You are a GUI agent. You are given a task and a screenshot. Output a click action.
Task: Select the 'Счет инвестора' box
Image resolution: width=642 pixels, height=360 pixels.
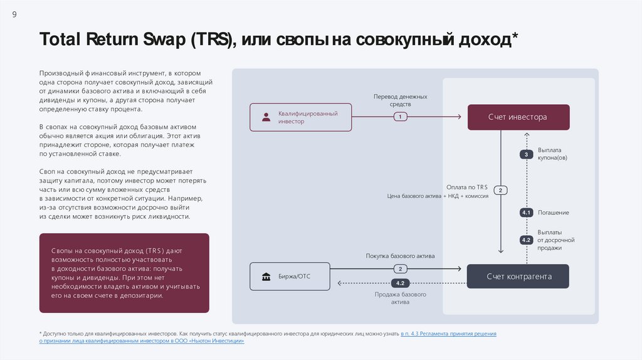(518, 117)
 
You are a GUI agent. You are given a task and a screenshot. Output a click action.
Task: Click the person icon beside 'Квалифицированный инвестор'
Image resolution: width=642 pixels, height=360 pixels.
(266, 117)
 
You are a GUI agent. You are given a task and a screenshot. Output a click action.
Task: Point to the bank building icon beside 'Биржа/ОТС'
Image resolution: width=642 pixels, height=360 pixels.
(266, 277)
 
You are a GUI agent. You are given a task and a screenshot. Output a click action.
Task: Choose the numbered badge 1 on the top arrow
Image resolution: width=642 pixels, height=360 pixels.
(400, 117)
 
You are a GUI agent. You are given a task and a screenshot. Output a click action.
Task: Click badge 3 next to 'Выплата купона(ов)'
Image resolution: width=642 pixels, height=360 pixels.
(527, 154)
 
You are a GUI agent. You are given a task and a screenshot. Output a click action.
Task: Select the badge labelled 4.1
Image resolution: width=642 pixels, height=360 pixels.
(527, 213)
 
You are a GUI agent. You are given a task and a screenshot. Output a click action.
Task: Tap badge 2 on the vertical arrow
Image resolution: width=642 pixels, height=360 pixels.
(501, 190)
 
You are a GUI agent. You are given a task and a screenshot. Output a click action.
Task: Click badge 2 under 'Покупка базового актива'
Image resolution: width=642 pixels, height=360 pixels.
(400, 269)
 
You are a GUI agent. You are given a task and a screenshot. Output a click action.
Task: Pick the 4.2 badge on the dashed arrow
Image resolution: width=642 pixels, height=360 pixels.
(400, 283)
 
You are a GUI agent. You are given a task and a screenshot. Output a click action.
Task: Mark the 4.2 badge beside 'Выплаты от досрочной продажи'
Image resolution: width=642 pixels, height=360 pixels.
(527, 240)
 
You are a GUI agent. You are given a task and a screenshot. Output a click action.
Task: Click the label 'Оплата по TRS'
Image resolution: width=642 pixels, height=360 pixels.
(466, 187)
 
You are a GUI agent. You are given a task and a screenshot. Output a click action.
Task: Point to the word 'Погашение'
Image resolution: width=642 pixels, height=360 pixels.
(554, 213)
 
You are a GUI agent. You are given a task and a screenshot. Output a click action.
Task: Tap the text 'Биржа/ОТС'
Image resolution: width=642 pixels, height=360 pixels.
(295, 277)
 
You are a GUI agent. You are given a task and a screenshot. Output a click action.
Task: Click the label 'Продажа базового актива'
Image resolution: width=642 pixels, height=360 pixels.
(401, 298)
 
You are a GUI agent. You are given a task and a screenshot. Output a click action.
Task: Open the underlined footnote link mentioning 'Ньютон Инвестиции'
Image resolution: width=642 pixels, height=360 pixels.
(142, 342)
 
